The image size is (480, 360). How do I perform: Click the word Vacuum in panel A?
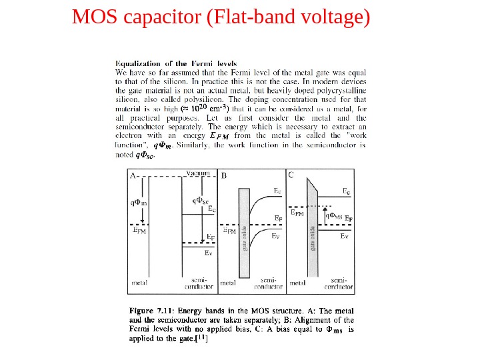[x=199, y=173]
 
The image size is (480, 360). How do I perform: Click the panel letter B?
[x=224, y=175]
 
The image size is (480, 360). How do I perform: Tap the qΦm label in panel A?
[x=139, y=202]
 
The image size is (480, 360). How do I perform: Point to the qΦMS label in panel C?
[x=334, y=215]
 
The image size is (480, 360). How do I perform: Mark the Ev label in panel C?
[x=345, y=237]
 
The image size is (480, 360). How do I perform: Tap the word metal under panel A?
[x=139, y=283]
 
